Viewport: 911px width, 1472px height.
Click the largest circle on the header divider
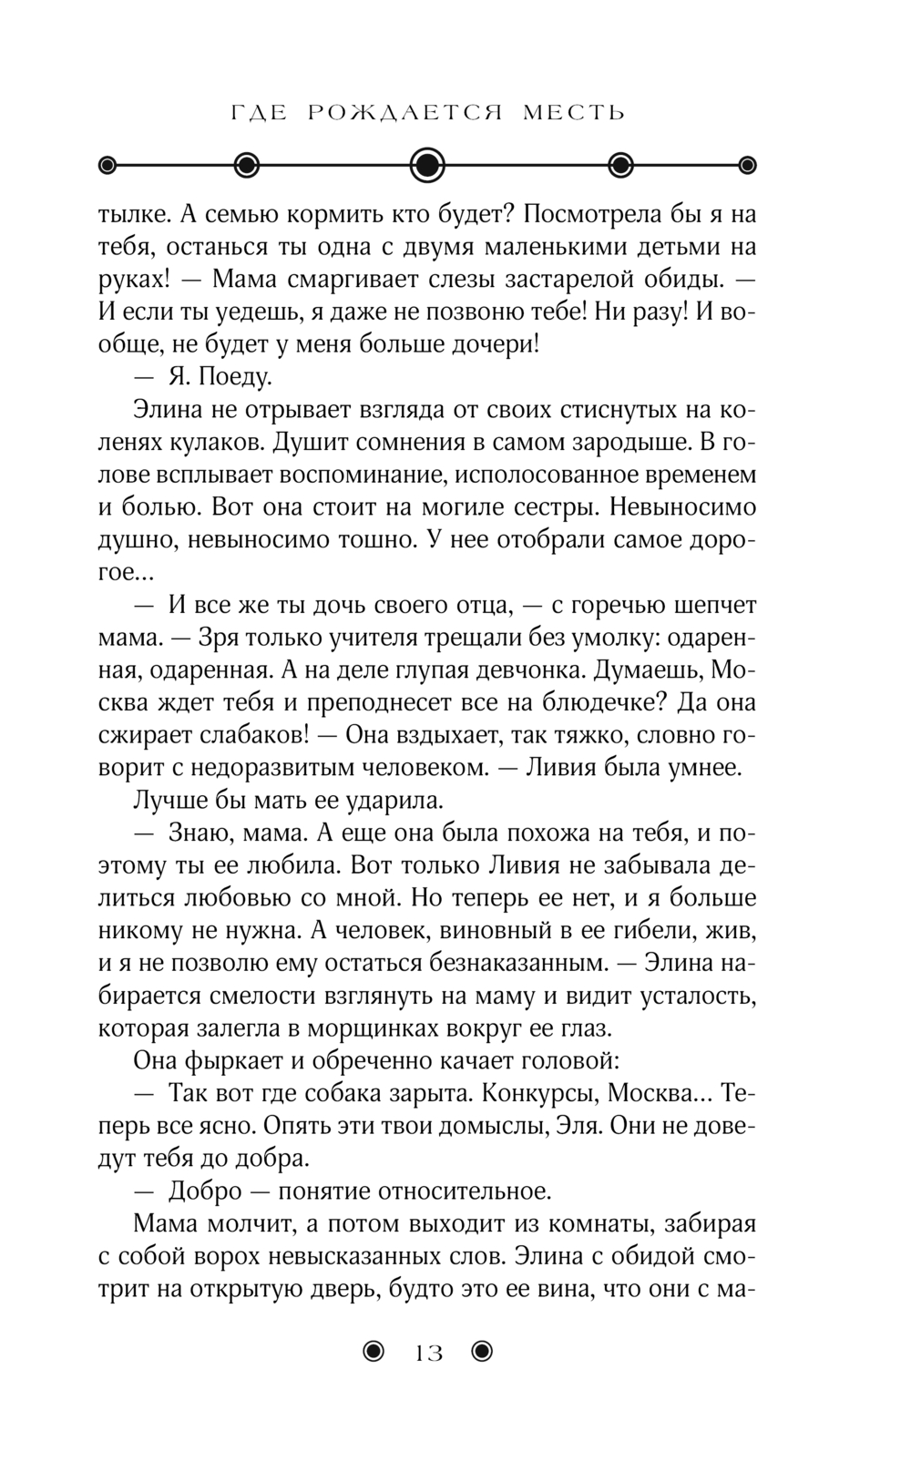click(x=427, y=165)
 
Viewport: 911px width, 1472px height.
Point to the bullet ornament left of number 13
click(x=374, y=1353)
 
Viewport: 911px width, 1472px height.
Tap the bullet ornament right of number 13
click(x=482, y=1353)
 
